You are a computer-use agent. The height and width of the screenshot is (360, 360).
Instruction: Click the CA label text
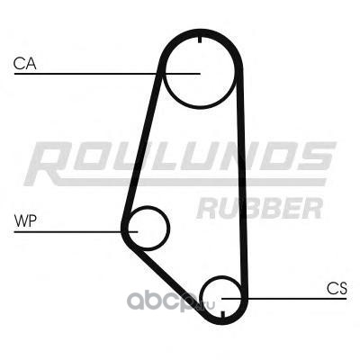tap(25, 64)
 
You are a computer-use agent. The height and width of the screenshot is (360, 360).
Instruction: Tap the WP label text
tap(25, 221)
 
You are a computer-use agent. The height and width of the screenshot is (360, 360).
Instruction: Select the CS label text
tap(337, 288)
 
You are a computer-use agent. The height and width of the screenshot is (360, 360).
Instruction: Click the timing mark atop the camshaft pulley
tap(200, 40)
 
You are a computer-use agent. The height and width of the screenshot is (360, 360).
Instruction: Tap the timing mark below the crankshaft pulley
tap(222, 315)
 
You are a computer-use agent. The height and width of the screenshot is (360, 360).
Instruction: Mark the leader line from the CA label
tap(107, 74)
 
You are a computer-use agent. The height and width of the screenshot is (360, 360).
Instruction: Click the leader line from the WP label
tap(76, 231)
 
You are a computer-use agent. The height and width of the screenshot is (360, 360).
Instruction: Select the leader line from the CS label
tap(284, 299)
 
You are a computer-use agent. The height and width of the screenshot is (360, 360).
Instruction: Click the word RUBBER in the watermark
tap(260, 208)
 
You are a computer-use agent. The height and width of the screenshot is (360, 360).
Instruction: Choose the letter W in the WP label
tap(21, 221)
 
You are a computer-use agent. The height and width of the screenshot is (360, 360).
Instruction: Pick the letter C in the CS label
tap(332, 288)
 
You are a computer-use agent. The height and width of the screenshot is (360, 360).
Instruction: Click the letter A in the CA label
tap(31, 64)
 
